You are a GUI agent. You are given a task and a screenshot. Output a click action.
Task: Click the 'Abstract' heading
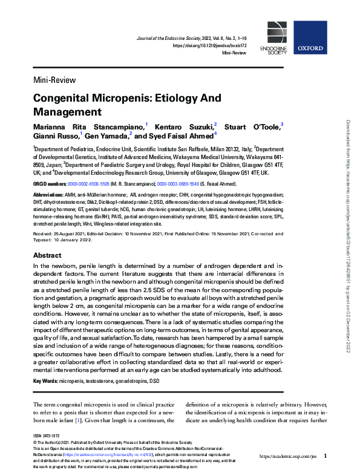click(47, 256)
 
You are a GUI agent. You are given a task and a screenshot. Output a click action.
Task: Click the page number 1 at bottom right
click(325, 455)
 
